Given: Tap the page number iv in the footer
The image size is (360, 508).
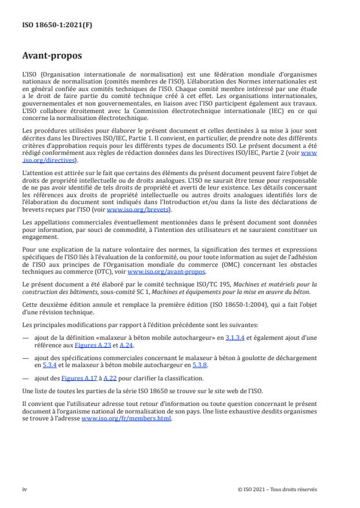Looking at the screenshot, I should point(25,489).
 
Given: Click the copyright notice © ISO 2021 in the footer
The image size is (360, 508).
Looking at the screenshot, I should point(278,489).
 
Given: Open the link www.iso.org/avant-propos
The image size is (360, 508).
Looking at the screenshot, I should point(166,271).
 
